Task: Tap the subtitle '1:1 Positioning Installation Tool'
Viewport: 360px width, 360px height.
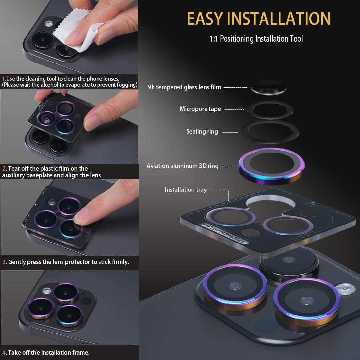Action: (x=256, y=39)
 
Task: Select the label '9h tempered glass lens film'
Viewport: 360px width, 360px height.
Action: (x=184, y=87)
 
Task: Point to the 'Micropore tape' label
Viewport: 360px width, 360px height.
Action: (x=200, y=109)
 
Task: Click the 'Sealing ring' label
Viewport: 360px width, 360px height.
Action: (x=202, y=132)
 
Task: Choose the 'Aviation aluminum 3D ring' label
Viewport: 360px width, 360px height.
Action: (x=182, y=166)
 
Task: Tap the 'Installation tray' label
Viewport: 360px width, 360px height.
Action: (x=185, y=190)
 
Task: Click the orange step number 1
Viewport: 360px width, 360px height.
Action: (x=4, y=79)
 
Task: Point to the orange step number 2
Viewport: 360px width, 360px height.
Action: (x=4, y=169)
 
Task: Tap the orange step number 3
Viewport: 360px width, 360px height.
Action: (x=4, y=262)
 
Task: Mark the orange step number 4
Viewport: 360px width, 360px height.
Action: (x=4, y=352)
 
